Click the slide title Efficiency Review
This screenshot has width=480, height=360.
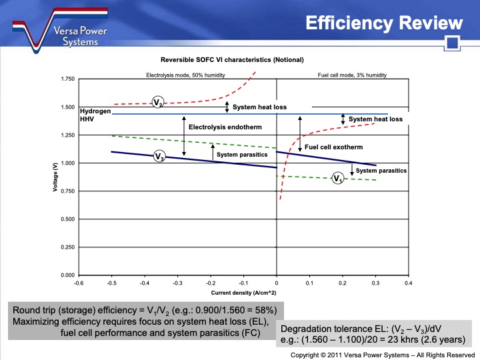click(x=383, y=23)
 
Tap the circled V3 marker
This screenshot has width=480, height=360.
click(x=159, y=156)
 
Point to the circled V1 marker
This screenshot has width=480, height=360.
click(x=338, y=178)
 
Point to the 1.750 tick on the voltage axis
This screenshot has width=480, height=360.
click(x=66, y=79)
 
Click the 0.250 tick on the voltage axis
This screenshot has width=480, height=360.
click(x=66, y=247)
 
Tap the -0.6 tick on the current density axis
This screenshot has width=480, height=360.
click(x=78, y=283)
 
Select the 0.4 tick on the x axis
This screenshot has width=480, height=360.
click(x=408, y=283)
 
